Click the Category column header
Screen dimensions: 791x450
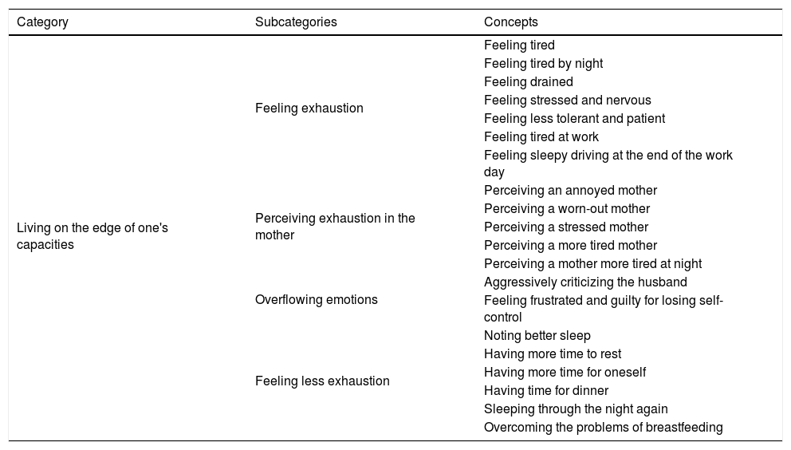click(42, 22)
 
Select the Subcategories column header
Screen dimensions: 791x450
click(296, 22)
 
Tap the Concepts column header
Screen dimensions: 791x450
click(511, 22)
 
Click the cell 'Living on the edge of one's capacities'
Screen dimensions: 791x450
click(92, 236)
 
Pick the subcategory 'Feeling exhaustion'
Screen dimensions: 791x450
click(309, 109)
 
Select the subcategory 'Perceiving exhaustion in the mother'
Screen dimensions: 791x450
click(335, 227)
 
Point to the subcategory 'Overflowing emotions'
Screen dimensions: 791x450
click(317, 300)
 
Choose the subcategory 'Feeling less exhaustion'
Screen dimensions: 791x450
click(322, 381)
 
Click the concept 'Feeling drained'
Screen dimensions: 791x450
click(529, 81)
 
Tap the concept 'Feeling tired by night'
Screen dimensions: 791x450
click(544, 63)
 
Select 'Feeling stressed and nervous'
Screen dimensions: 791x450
click(568, 100)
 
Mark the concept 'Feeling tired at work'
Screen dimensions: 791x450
click(541, 136)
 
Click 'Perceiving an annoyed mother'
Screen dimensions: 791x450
click(570, 191)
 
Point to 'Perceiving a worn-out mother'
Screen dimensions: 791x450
click(567, 209)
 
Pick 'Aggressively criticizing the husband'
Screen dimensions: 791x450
click(585, 282)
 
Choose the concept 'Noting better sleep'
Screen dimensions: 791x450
click(537, 336)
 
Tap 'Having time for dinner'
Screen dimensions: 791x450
click(546, 390)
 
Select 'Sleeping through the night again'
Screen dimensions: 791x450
click(576, 409)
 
